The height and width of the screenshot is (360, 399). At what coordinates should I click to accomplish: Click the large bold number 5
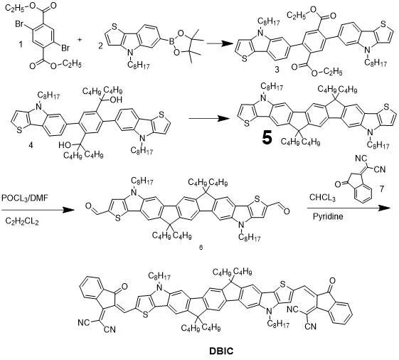(266, 136)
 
